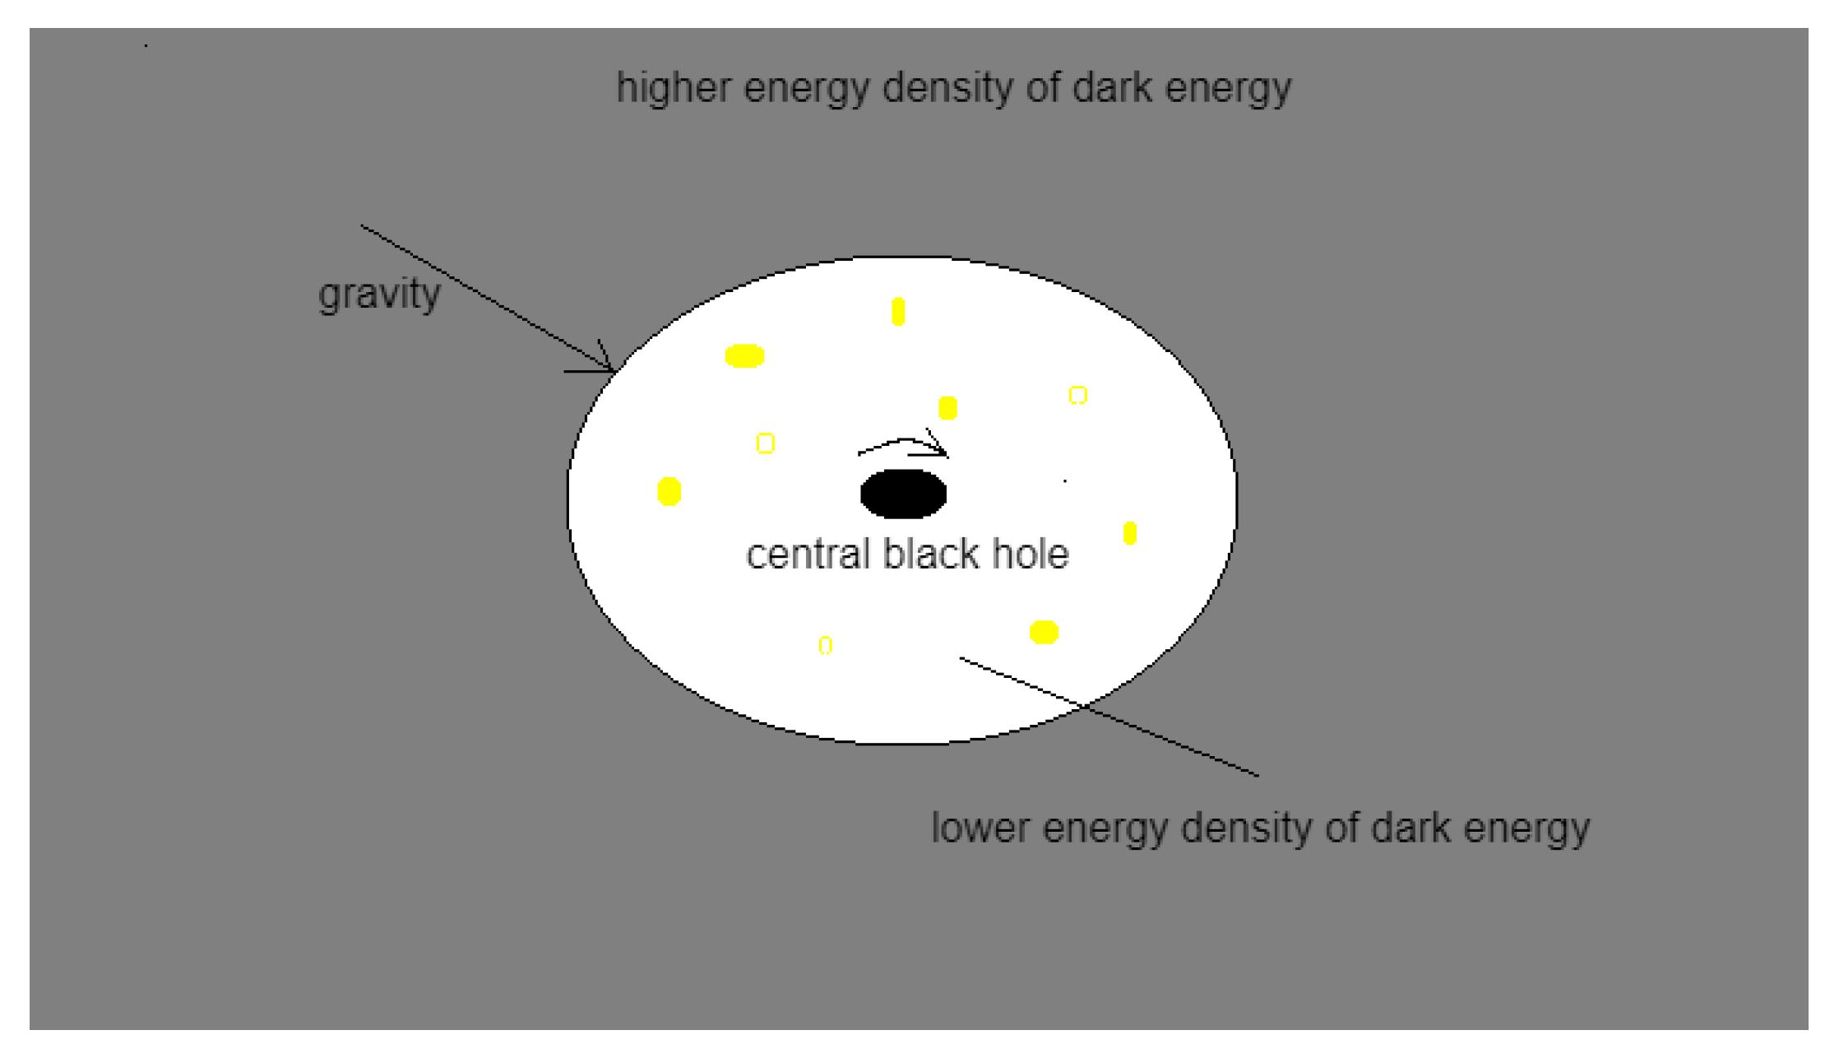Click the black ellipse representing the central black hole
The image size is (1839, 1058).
(x=903, y=494)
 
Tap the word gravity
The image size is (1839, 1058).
(x=379, y=294)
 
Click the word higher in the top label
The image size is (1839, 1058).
(x=674, y=87)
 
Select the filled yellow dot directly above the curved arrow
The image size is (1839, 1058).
(x=947, y=407)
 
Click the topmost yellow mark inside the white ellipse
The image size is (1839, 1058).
(x=898, y=312)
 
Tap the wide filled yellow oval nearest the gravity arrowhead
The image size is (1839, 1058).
(x=744, y=355)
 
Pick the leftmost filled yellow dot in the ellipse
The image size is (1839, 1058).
(x=669, y=491)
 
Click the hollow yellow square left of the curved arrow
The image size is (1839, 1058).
(x=765, y=443)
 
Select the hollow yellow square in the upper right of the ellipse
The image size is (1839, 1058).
(x=1077, y=395)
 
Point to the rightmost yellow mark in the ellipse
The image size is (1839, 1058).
(x=1130, y=533)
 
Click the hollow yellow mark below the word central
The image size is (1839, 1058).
(x=825, y=645)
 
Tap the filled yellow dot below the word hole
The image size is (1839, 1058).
(x=1044, y=632)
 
